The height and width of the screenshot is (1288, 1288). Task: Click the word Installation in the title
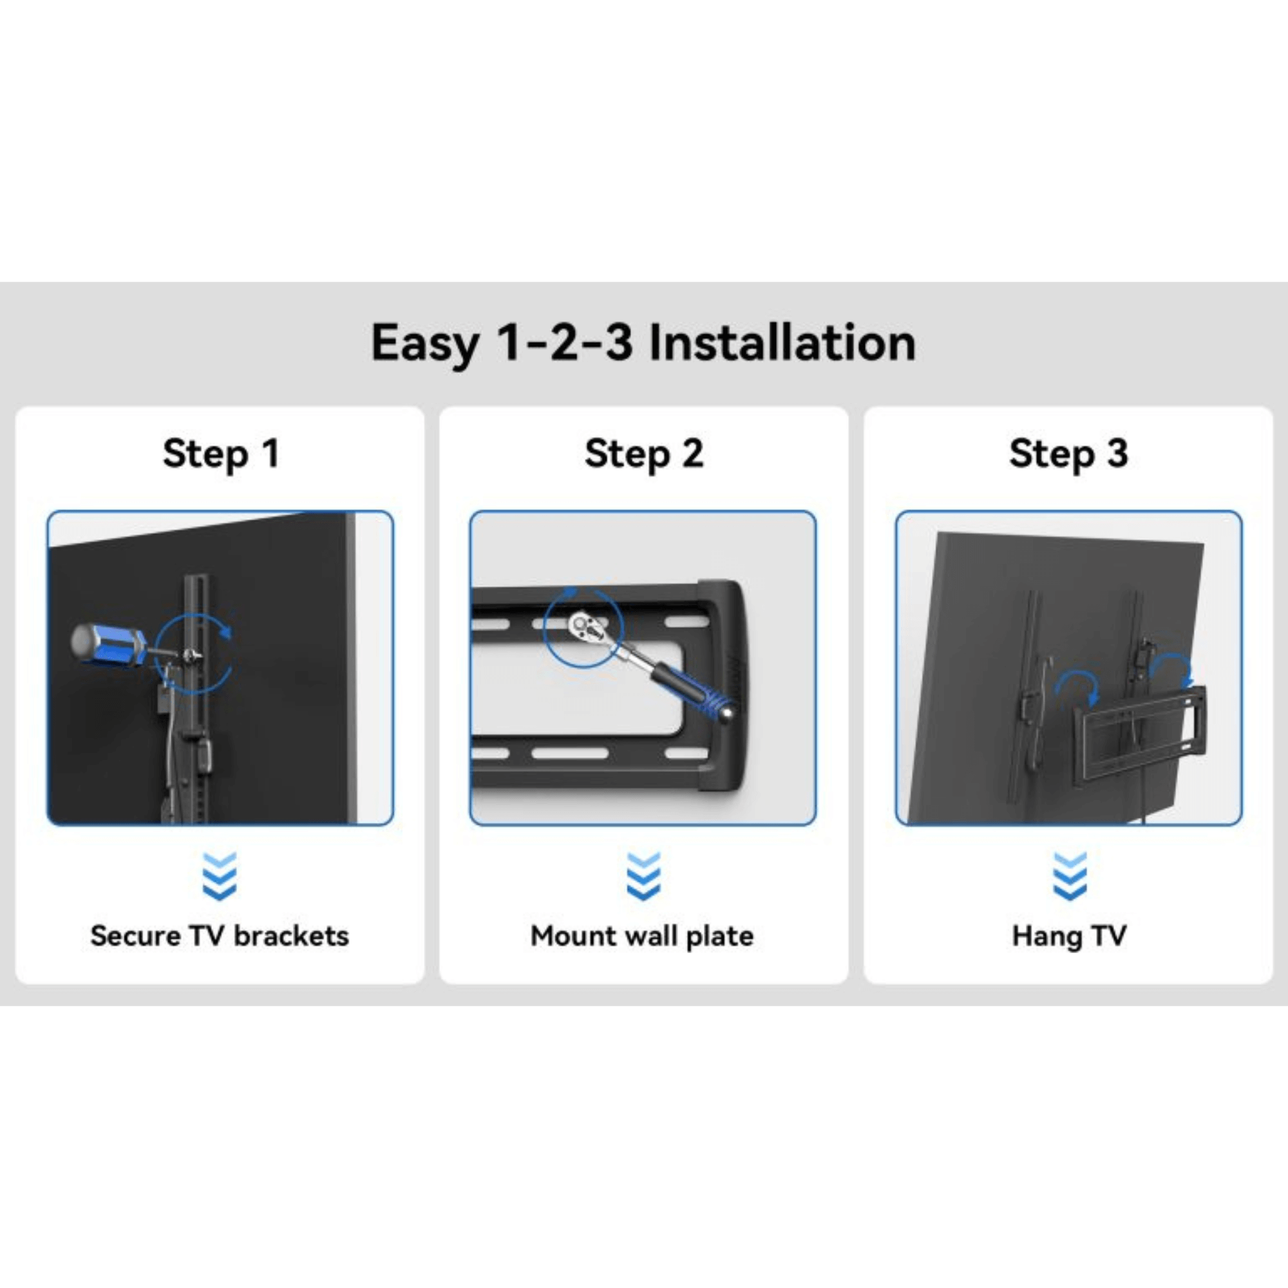[x=782, y=343]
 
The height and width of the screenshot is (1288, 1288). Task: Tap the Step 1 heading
[x=221, y=454]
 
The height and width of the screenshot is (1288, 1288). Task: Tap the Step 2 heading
[x=644, y=454]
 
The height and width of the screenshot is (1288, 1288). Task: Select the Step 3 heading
[x=1068, y=454]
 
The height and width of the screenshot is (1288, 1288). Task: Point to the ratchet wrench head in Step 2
[x=584, y=625]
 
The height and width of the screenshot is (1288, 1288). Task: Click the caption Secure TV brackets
[x=220, y=936]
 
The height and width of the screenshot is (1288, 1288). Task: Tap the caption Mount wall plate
[x=642, y=936]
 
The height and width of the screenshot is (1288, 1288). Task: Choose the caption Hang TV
[x=1068, y=936]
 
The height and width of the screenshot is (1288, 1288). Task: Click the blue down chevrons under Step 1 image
[x=220, y=876]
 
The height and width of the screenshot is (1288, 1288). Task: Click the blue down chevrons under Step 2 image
[x=643, y=876]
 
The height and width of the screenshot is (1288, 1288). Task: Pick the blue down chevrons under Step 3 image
[x=1069, y=876]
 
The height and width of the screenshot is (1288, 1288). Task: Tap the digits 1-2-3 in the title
[x=564, y=343]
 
